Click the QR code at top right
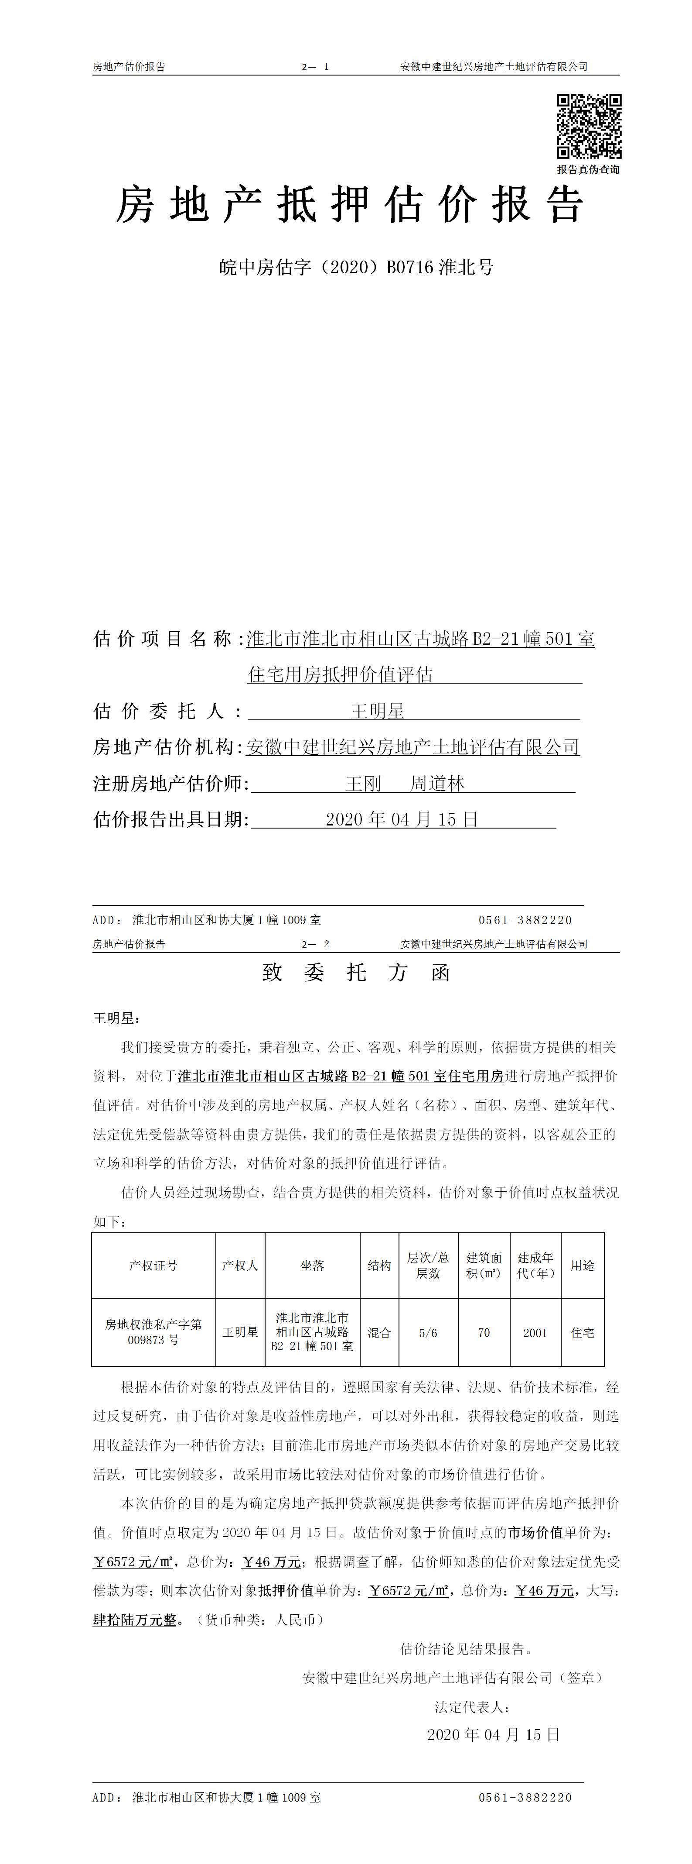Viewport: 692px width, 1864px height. coord(589,126)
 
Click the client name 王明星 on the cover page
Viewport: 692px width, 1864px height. coord(378,711)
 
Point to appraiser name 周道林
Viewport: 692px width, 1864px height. coord(437,784)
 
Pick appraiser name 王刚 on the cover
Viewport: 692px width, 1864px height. coord(363,784)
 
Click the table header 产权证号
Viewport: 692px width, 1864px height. coord(153,1266)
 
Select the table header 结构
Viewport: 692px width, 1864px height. coord(379,1266)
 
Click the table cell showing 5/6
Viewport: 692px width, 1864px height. coord(428,1332)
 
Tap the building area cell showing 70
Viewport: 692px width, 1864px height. coord(484,1332)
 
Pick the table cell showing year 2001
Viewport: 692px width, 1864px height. coord(535,1332)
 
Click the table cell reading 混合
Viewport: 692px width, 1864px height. coord(379,1332)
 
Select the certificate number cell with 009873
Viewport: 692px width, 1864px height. coord(153,1332)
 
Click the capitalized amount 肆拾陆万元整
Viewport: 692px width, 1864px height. coord(134,1620)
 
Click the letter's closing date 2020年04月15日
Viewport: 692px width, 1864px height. coord(493,1734)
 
